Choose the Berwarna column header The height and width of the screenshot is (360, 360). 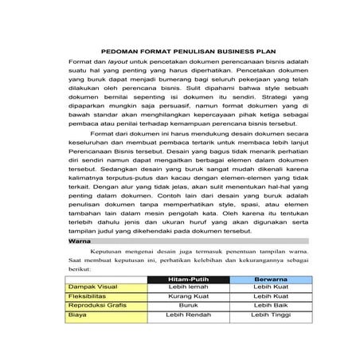coord(270,280)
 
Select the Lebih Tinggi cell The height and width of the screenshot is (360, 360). coord(270,324)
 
